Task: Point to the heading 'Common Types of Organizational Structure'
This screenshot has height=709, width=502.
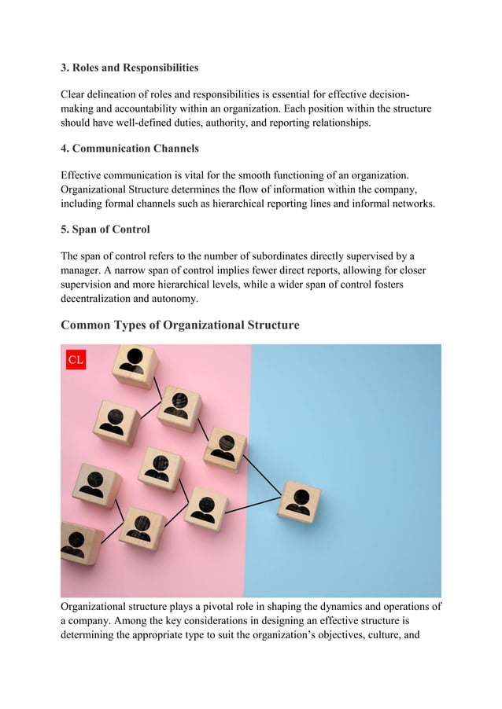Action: coord(180,325)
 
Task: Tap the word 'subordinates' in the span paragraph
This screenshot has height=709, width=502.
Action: coord(291,257)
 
